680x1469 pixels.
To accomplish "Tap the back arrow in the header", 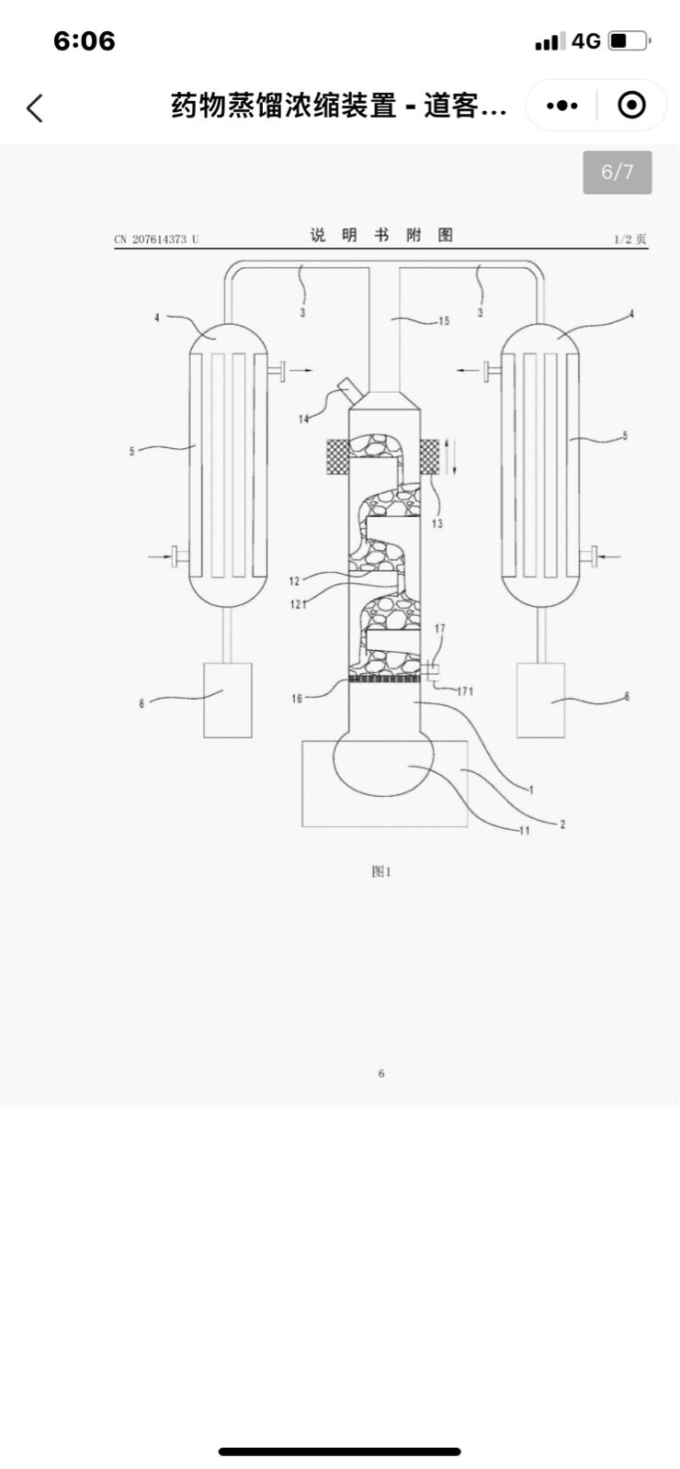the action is click(x=35, y=107).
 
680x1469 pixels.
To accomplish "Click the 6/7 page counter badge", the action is click(x=617, y=172).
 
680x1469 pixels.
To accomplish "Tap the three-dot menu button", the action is click(x=561, y=105).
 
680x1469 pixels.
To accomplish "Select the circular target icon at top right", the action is click(x=632, y=105).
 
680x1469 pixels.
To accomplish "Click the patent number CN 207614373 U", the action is click(x=156, y=240).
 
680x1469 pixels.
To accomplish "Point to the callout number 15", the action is click(x=444, y=320).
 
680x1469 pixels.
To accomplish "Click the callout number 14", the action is click(x=303, y=419).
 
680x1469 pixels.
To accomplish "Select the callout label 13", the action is click(x=437, y=523).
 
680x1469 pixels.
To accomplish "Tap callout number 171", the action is click(x=465, y=690).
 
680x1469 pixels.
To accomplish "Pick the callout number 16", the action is click(x=297, y=699).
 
